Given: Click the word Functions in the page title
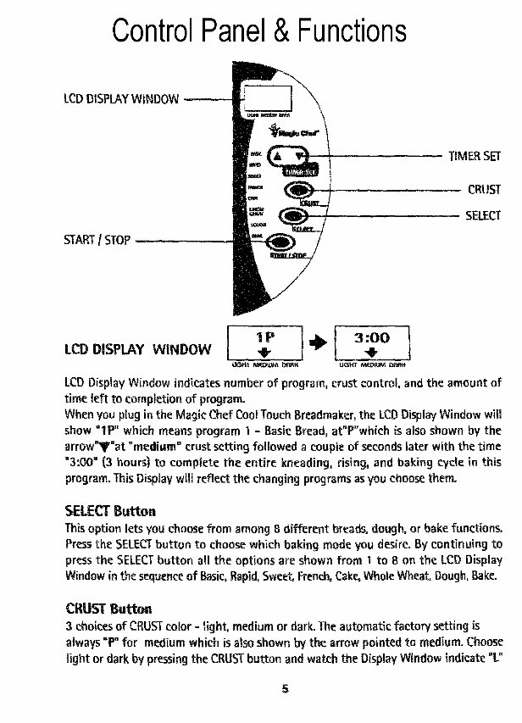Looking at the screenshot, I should [346, 31].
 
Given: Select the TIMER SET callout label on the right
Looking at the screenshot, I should [475, 156].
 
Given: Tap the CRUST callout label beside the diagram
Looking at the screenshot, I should [484, 189].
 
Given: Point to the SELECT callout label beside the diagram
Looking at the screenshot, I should [483, 215].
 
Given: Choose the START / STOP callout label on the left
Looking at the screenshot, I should [97, 240].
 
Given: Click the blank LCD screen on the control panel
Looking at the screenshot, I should [264, 95].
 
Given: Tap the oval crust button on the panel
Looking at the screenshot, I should [297, 190].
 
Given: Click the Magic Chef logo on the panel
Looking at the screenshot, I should [286, 133].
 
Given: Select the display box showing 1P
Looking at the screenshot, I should [264, 342].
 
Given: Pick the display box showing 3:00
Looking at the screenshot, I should [372, 342].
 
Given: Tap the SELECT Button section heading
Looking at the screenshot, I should [110, 511].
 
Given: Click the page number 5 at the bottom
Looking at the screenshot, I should [286, 688].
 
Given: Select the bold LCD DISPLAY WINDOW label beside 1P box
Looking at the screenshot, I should [138, 348].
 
